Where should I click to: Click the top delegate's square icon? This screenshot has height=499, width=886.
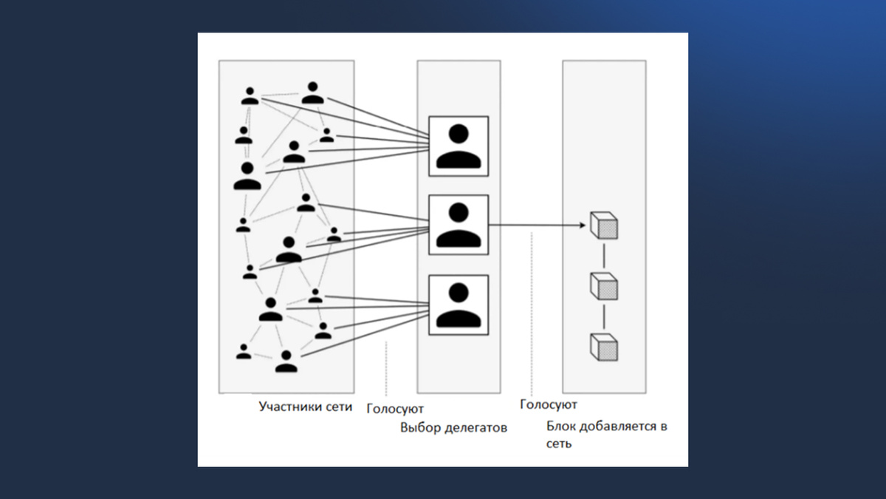[459, 146]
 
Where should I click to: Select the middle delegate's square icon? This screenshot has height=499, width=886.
[459, 225]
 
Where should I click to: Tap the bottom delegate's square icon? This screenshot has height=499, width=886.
[459, 304]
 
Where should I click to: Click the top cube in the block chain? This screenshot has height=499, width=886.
[604, 225]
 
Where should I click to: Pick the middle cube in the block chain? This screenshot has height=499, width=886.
[604, 285]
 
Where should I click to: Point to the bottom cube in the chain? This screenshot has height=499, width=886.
[604, 346]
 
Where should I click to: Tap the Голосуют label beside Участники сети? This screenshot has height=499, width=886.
[395, 408]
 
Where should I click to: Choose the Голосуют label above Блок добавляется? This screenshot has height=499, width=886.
[548, 404]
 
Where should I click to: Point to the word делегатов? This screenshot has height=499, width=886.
[476, 427]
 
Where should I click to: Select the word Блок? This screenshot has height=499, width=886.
[562, 427]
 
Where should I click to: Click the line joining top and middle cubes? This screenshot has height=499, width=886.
[604, 255]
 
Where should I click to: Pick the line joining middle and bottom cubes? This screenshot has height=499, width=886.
[604, 316]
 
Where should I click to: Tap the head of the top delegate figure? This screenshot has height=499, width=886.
[459, 134]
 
